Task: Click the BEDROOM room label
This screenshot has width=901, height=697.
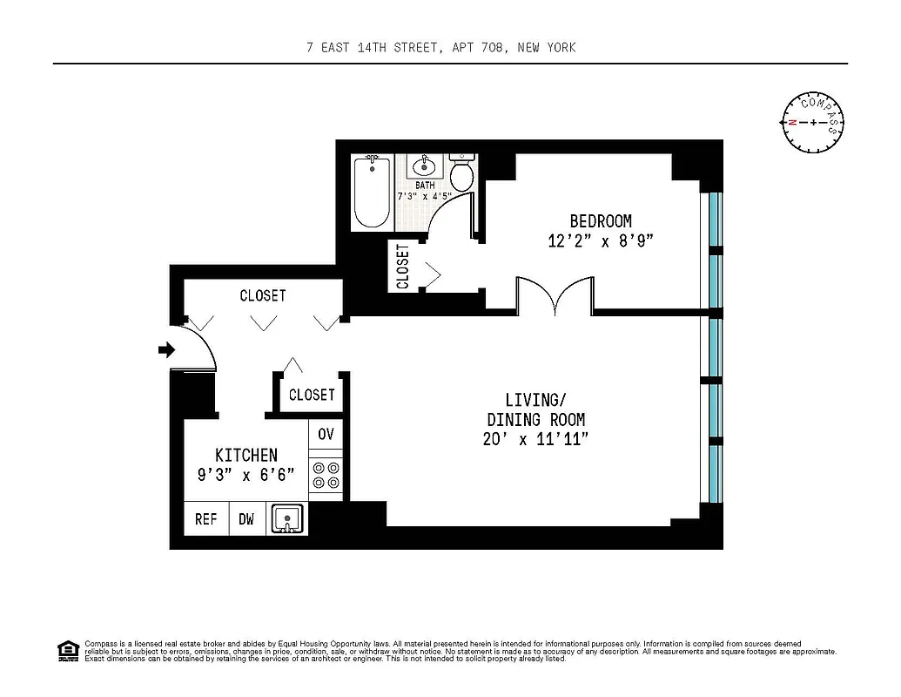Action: [x=601, y=221]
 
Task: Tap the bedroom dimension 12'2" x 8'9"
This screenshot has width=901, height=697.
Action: [x=601, y=241]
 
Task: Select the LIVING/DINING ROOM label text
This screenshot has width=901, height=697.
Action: [x=535, y=409]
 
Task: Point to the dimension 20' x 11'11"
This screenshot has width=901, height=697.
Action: [x=535, y=440]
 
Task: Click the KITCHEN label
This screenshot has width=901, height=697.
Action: [x=246, y=455]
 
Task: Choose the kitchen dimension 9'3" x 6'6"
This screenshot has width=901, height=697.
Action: [x=246, y=475]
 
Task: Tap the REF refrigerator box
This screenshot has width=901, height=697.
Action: [x=206, y=519]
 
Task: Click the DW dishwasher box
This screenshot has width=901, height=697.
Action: [x=247, y=519]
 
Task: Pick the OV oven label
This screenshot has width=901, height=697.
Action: [x=326, y=434]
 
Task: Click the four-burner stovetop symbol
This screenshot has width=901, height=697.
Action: [x=326, y=474]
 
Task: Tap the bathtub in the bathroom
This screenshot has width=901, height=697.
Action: [x=373, y=193]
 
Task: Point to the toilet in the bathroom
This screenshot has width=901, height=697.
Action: [x=462, y=174]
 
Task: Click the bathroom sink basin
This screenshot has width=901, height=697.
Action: [x=426, y=166]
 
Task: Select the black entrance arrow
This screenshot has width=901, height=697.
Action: [x=165, y=350]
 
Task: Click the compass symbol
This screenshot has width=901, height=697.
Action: [x=814, y=122]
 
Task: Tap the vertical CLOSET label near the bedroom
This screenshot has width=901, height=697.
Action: [x=403, y=267]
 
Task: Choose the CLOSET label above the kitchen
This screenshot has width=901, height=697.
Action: [x=312, y=395]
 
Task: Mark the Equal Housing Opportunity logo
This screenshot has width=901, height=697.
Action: [x=68, y=651]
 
